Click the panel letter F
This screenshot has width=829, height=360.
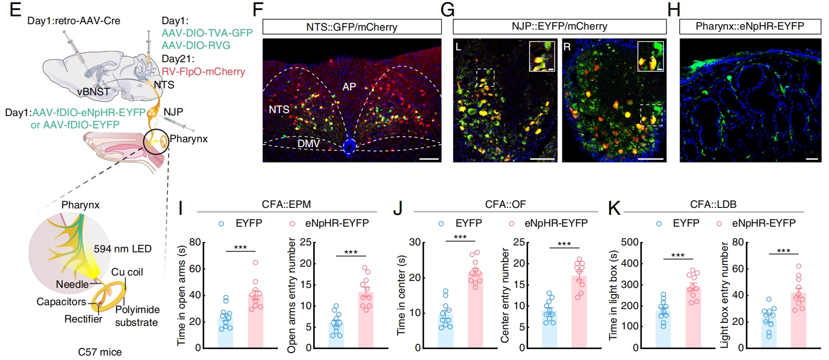[x=257, y=10]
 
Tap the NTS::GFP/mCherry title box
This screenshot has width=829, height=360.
[x=352, y=27]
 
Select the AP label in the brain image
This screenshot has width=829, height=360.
[x=349, y=87]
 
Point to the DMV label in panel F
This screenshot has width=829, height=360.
[x=308, y=143]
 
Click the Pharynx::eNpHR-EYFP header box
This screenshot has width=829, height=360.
[x=749, y=26]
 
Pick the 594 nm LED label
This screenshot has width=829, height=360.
[x=123, y=249]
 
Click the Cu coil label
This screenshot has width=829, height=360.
[x=127, y=272]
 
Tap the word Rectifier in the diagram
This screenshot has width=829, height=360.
[x=83, y=319]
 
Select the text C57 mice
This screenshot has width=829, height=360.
[x=100, y=352]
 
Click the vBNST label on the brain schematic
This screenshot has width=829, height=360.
[x=93, y=92]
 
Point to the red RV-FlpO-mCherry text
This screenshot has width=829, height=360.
[x=203, y=72]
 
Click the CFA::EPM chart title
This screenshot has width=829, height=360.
[x=286, y=204]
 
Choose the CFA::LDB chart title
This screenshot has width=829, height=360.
[x=713, y=204]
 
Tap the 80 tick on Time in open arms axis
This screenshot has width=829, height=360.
[x=195, y=242]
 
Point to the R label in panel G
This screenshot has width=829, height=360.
[x=567, y=47]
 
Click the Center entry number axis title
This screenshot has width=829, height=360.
[x=505, y=295]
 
